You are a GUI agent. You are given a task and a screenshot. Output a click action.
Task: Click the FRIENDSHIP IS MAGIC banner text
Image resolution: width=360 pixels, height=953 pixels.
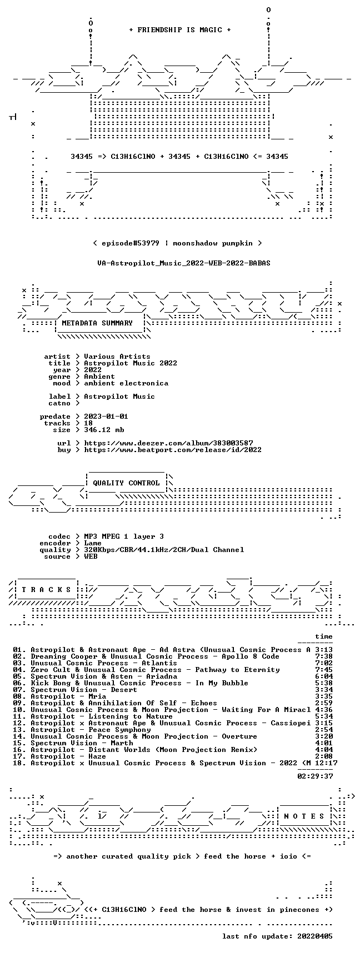[179, 30]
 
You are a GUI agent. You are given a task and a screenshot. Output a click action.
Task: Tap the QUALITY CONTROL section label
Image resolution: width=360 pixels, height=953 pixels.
[126, 483]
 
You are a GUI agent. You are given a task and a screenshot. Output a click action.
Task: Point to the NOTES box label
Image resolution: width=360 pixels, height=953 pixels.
[304, 816]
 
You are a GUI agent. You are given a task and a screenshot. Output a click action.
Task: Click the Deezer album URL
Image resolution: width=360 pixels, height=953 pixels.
[168, 443]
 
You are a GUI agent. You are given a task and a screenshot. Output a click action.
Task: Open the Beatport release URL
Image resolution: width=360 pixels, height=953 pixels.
[173, 450]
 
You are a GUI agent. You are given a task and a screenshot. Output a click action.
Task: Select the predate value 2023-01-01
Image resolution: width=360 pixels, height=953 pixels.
[106, 417]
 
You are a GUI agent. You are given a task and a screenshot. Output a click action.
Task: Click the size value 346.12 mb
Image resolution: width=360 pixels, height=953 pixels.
[104, 430]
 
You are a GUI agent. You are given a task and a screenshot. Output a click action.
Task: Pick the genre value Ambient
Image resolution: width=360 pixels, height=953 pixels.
[99, 377]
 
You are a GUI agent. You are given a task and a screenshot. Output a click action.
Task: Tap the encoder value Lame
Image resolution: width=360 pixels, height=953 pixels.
[93, 543]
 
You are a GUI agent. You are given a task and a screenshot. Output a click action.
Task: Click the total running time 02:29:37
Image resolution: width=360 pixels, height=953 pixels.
[315, 776]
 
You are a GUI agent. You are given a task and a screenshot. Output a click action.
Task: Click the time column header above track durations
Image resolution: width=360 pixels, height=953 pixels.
[324, 636]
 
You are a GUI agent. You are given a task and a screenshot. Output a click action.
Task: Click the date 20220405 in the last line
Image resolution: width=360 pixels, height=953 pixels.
[315, 936]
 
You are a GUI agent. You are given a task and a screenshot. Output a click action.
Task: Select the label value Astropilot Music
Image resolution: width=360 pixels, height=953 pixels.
[119, 397]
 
